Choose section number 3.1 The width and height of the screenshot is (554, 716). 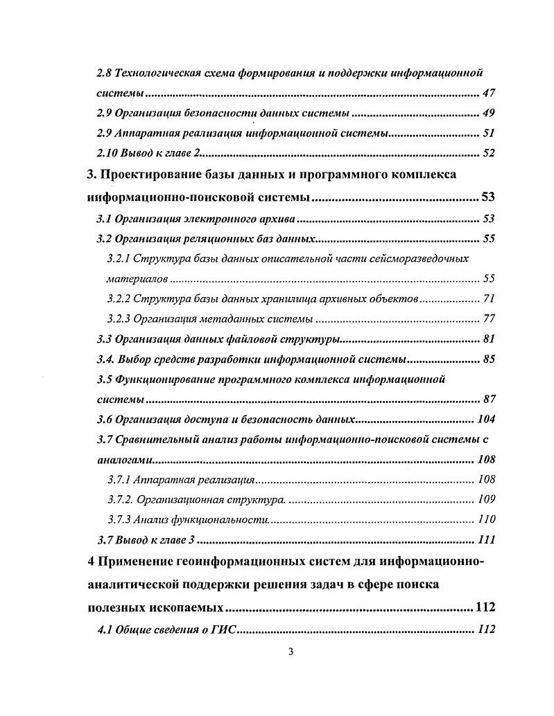[x=103, y=220]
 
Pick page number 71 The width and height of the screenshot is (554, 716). [x=487, y=299]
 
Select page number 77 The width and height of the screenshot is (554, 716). [x=487, y=319]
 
